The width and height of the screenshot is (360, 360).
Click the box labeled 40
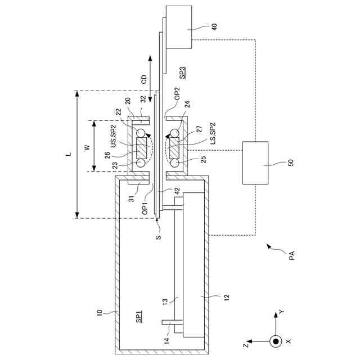[x=179, y=27]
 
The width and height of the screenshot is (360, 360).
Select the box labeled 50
[x=255, y=163]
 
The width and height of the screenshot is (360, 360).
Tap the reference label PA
[x=291, y=255]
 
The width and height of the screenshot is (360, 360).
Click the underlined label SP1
[x=139, y=317]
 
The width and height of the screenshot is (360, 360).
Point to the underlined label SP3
[x=182, y=73]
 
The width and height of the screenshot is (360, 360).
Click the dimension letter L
[x=69, y=154]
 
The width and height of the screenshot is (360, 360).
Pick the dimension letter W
[x=87, y=147]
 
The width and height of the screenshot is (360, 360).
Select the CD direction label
[x=144, y=79]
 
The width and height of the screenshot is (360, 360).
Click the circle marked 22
[x=141, y=133]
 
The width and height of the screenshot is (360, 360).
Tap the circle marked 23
[x=141, y=163]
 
